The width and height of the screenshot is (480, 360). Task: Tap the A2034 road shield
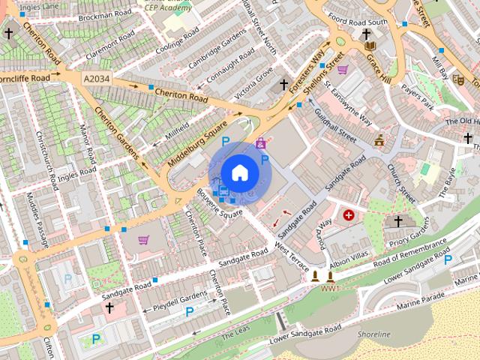[x=96, y=78]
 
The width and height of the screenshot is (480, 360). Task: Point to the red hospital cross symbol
[x=349, y=215]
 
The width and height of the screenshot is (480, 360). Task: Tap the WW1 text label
[x=330, y=288]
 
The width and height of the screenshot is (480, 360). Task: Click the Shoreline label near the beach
[x=374, y=334]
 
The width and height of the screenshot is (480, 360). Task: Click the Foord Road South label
[x=363, y=22]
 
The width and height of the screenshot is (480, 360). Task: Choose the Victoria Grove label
[x=253, y=85]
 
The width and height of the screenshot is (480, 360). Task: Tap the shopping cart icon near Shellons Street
[x=343, y=70]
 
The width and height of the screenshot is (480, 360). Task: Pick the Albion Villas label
[x=349, y=261]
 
